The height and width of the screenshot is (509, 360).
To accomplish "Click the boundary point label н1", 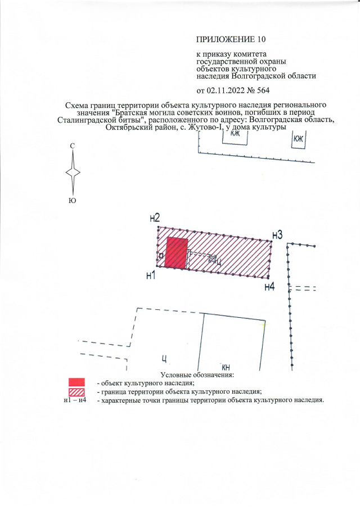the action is pos(151,276).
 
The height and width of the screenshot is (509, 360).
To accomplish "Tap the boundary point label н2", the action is pos(155,218).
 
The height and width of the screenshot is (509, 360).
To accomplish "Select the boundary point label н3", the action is pos(277,235).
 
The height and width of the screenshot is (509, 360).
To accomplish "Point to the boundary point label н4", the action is pos(270,287).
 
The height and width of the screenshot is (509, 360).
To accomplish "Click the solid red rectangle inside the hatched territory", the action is pos(177,253).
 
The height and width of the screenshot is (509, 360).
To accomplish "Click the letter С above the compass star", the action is pos(73,146).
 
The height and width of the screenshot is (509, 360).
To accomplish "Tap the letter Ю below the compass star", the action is pos(73,201).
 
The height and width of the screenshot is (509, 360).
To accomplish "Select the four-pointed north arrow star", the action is pos(73,172).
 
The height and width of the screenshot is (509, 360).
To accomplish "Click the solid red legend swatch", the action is pos(76,382).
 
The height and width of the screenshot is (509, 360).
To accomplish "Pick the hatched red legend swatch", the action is pos(76,392).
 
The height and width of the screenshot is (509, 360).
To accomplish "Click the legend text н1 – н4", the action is pos(75,400).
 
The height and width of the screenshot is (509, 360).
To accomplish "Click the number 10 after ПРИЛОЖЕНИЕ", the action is pos(262,39).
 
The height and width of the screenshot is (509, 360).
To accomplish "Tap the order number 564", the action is pos(263,90).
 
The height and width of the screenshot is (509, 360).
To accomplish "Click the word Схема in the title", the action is pos(77,105).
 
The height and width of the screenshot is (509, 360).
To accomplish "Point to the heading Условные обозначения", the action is pos(197,375).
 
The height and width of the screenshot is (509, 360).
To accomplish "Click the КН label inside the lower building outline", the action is pos(226,367).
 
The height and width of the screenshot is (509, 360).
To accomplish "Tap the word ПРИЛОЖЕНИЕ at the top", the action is pos(226,39).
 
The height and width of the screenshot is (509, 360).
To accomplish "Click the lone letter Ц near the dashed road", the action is pos(164,359).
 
